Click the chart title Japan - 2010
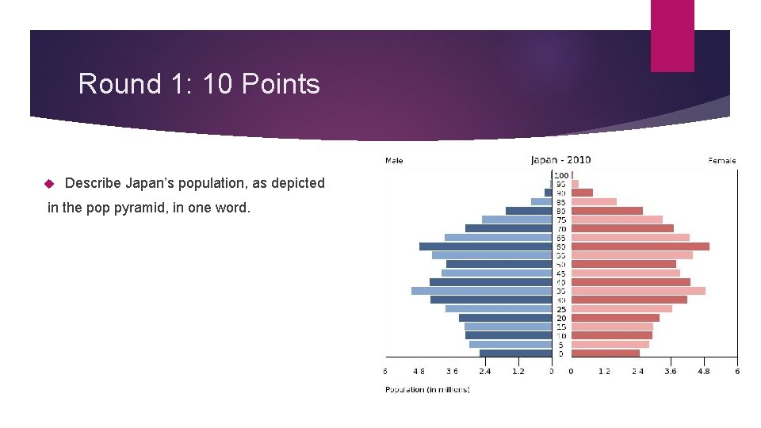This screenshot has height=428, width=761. click(560, 159)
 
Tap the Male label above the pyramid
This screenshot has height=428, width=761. click(394, 160)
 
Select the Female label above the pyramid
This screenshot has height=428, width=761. click(721, 160)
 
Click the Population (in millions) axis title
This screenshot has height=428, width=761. click(427, 389)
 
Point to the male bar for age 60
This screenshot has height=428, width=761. click(485, 246)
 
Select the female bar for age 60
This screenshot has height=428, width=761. click(641, 246)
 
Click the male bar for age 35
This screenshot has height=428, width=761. click(481, 291)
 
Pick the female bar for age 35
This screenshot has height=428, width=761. click(638, 291)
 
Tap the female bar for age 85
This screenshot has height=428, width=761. click(594, 201)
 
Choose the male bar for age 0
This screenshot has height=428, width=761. click(515, 353)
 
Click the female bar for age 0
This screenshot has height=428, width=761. click(606, 353)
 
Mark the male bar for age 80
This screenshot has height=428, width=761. click(528, 211)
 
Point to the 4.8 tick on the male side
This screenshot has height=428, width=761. click(419, 371)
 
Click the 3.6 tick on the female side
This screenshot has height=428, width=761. click(671, 371)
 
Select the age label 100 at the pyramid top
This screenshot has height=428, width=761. click(561, 174)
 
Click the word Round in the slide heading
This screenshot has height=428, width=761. click(109, 84)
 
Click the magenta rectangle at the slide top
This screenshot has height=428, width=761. click(672, 36)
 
